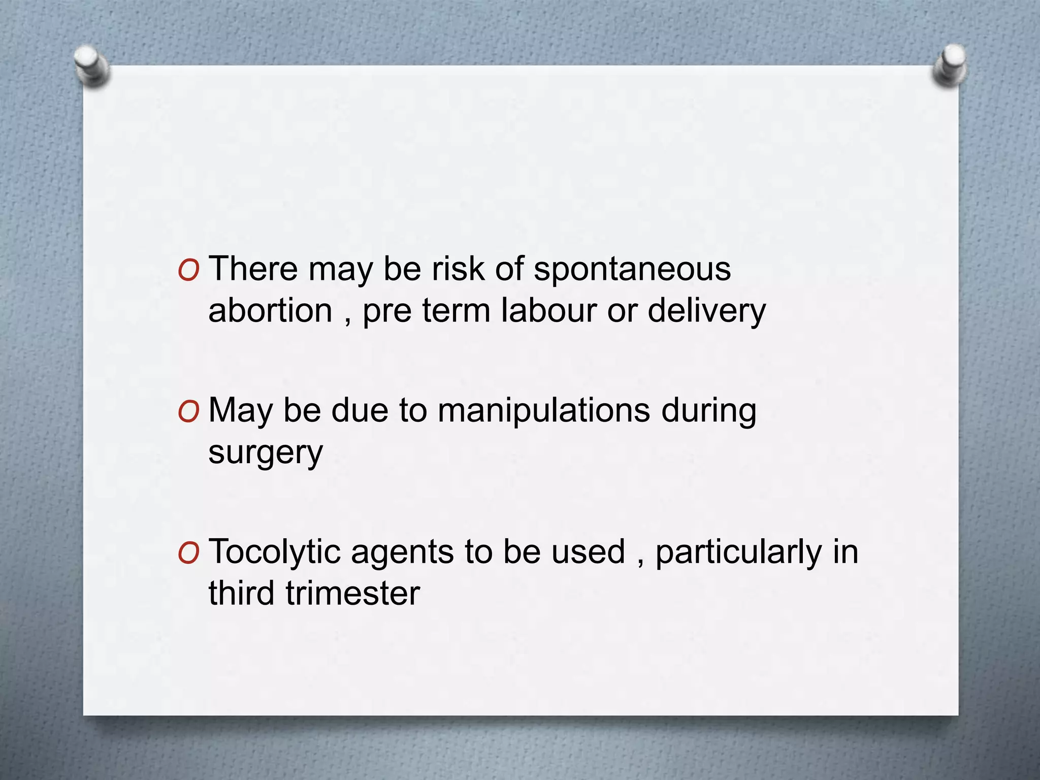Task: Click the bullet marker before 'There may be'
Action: point(188,271)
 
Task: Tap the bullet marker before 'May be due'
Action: point(188,412)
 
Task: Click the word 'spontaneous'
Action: point(632,270)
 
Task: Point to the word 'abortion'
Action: point(270,310)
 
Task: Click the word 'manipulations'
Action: point(543,411)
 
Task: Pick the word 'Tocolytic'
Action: point(274,552)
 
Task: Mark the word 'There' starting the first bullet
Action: point(253,269)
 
